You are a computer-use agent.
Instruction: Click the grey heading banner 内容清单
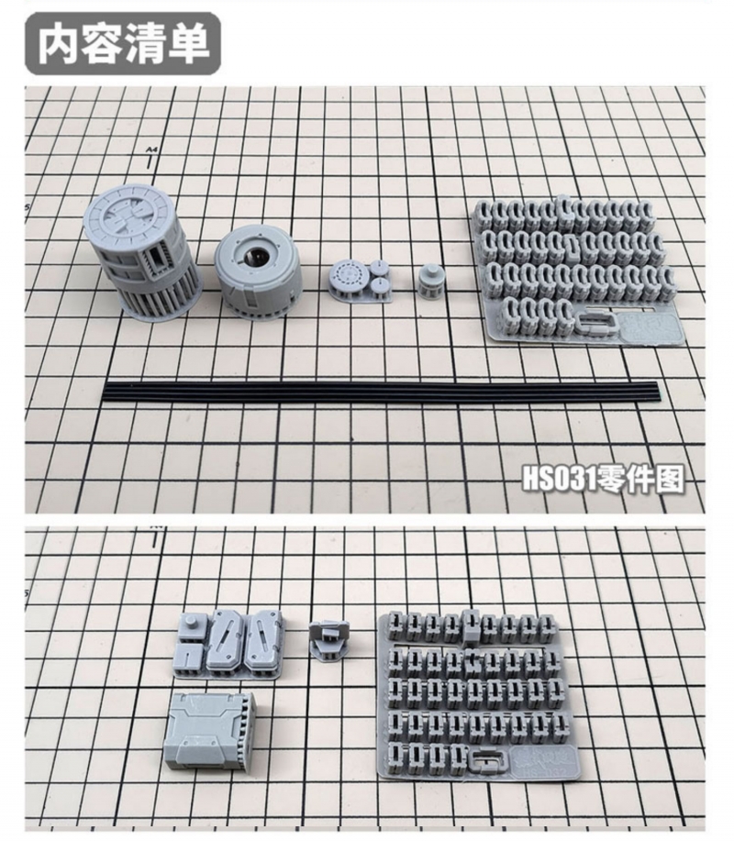123,44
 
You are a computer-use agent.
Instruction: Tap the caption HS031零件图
603,479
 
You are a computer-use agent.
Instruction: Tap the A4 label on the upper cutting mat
150,149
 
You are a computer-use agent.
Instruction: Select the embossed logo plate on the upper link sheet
650,327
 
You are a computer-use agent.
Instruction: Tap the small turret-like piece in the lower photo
328,639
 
